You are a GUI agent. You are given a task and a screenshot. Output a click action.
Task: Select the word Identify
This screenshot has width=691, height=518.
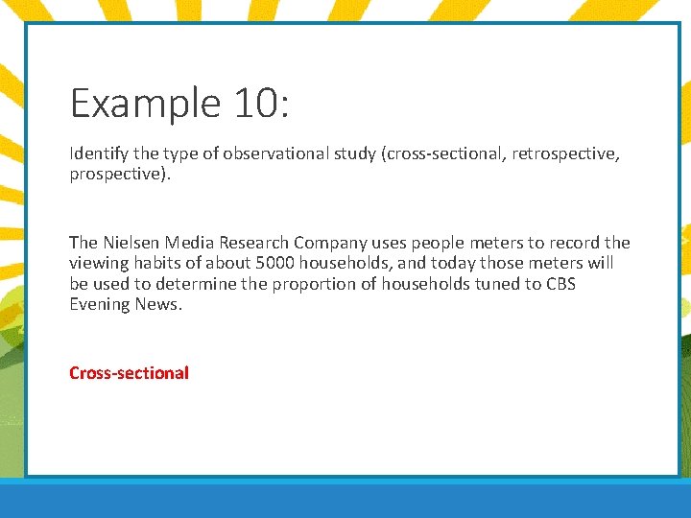click(99, 154)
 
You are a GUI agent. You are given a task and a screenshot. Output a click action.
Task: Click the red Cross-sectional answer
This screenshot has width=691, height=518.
click(129, 372)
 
